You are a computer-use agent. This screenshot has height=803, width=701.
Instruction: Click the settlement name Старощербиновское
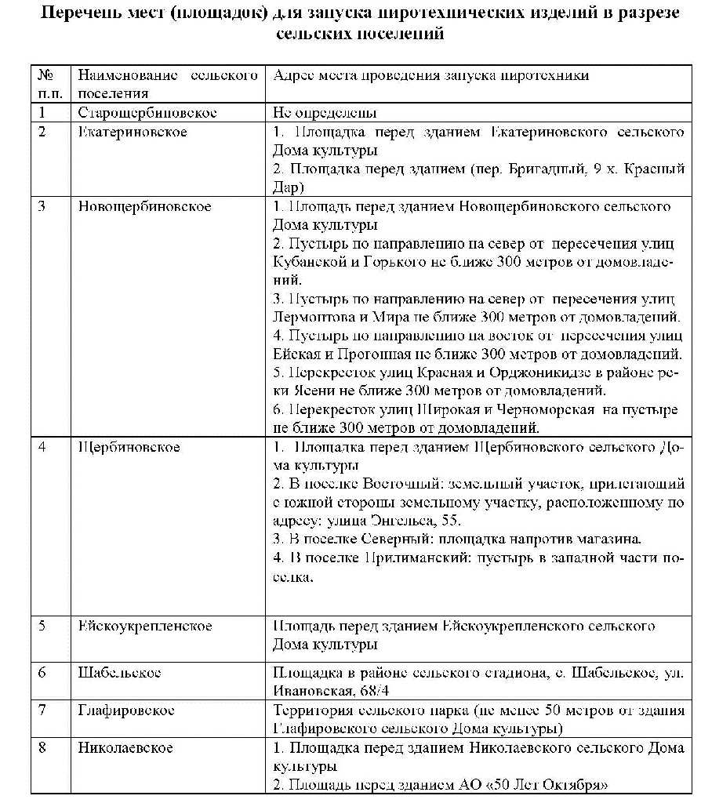[147, 113]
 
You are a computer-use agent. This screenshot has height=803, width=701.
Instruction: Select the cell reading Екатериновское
[133, 132]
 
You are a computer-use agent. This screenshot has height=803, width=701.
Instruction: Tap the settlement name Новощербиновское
[144, 206]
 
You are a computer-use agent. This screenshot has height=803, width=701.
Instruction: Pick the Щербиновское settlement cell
[129, 447]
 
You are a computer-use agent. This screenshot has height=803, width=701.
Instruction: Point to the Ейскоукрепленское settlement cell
[145, 627]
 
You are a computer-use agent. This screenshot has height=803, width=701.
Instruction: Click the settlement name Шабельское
[119, 673]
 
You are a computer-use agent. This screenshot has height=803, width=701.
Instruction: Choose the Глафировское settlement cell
[125, 710]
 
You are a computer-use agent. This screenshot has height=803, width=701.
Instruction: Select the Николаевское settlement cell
[125, 748]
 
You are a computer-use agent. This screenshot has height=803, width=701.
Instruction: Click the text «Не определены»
[325, 113]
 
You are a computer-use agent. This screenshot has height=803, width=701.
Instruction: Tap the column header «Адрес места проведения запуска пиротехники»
[430, 76]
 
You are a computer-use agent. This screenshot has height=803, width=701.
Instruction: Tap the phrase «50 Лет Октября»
[552, 784]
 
